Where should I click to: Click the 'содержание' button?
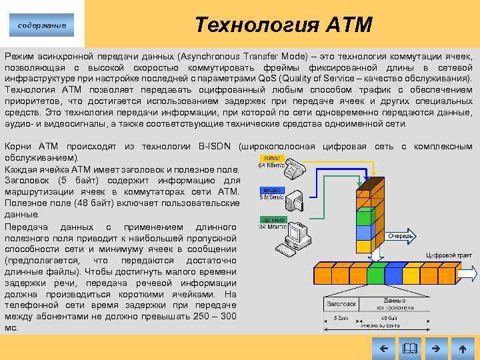click(42, 25)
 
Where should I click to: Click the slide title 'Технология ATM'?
click(283, 25)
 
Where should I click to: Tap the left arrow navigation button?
click(383, 347)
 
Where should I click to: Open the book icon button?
click(409, 347)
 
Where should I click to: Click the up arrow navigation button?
click(462, 347)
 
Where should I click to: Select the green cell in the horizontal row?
click(376, 275)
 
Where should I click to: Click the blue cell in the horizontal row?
click(394, 275)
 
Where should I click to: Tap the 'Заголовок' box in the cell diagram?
click(341, 303)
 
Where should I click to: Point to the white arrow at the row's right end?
click(469, 274)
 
